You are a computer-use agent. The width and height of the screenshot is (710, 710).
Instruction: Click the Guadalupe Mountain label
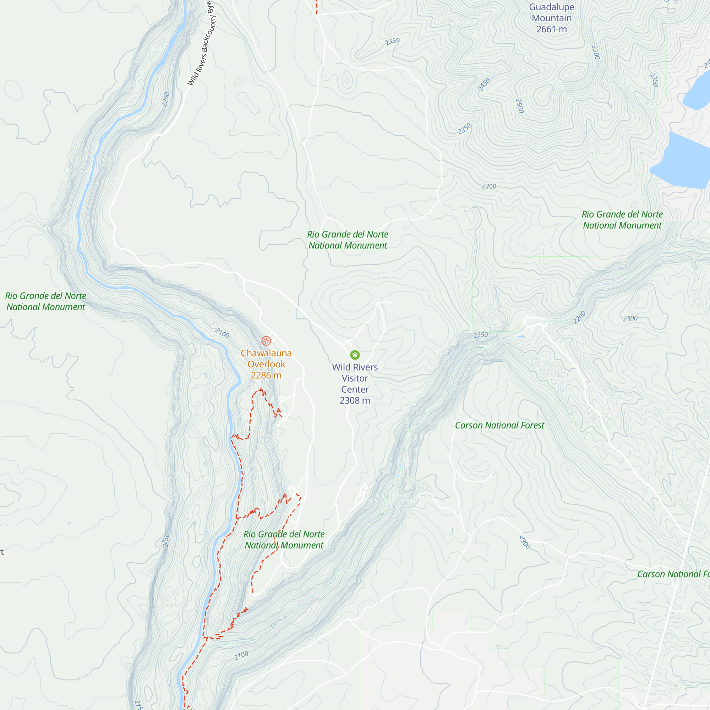pyautogui.click(x=551, y=13)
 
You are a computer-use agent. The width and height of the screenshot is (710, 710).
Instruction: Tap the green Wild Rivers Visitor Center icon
pyautogui.click(x=355, y=355)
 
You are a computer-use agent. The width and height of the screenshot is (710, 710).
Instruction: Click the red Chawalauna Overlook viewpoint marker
pyautogui.click(x=266, y=341)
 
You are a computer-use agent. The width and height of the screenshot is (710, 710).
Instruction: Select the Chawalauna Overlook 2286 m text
pyautogui.click(x=266, y=364)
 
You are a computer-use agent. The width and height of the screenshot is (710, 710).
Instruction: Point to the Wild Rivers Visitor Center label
pyautogui.click(x=355, y=378)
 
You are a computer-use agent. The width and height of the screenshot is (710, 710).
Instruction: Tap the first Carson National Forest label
pyautogui.click(x=499, y=425)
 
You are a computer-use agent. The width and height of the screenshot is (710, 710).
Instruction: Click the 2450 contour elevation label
pyautogui.click(x=484, y=85)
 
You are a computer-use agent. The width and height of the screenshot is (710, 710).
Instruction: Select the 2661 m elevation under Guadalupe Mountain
pyautogui.click(x=551, y=29)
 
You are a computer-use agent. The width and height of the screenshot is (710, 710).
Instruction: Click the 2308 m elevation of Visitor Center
pyautogui.click(x=355, y=400)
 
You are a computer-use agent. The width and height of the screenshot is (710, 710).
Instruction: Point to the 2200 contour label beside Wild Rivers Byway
pyautogui.click(x=166, y=100)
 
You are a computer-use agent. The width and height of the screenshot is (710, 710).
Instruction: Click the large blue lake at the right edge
pyautogui.click(x=683, y=162)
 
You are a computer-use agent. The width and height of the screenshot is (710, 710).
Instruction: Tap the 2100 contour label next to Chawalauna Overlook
pyautogui.click(x=222, y=333)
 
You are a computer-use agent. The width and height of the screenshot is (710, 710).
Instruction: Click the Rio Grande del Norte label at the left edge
pyautogui.click(x=45, y=301)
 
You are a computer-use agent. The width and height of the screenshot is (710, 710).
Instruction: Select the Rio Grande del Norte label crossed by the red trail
pyautogui.click(x=284, y=540)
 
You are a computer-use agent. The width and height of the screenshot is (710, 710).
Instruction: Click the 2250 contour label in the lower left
pyautogui.click(x=166, y=540)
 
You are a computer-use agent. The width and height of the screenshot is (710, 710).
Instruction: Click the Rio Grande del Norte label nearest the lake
pyautogui.click(x=622, y=220)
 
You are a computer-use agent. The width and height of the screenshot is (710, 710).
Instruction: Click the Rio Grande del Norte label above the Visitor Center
pyautogui.click(x=347, y=240)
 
